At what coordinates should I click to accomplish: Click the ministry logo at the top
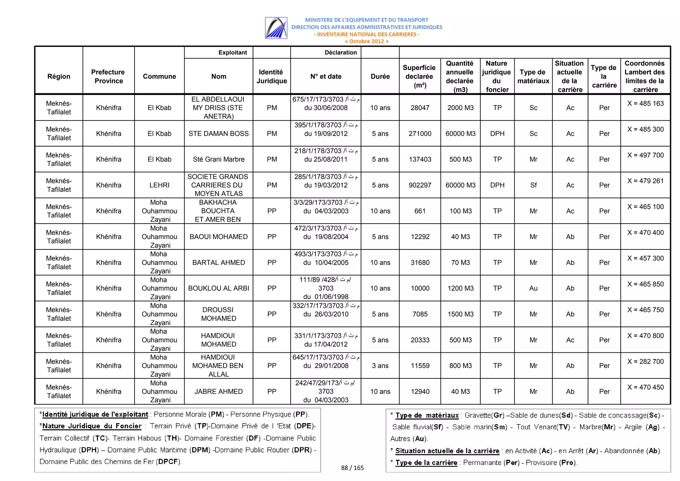pos(276,28)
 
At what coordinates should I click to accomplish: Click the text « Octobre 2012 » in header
pos(366,41)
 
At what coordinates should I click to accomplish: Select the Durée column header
pos(380,76)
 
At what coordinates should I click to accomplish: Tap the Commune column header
pos(159,76)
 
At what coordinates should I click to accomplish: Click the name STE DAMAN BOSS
pos(218,134)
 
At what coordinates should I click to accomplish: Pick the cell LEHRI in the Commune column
pos(159,185)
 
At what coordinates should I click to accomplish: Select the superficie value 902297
pos(420,185)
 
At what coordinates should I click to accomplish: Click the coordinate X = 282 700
pos(645,361)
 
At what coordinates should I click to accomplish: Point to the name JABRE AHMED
pos(218,391)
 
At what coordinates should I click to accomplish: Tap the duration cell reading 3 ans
pos(380,366)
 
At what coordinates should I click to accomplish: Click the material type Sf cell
pos(533,185)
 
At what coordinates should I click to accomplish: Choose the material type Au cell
pos(533,288)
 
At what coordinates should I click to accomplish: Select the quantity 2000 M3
pos(460,108)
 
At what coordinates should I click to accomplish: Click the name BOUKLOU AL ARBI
pos(218,288)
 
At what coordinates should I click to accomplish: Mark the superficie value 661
pos(420,211)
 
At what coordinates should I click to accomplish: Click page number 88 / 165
pos(352,468)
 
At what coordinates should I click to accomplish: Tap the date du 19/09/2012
pos(326,134)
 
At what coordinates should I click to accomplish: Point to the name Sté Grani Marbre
pos(218,159)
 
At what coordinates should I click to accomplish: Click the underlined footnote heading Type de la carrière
pos(426,462)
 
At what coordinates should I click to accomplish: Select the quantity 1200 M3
pos(460,288)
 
